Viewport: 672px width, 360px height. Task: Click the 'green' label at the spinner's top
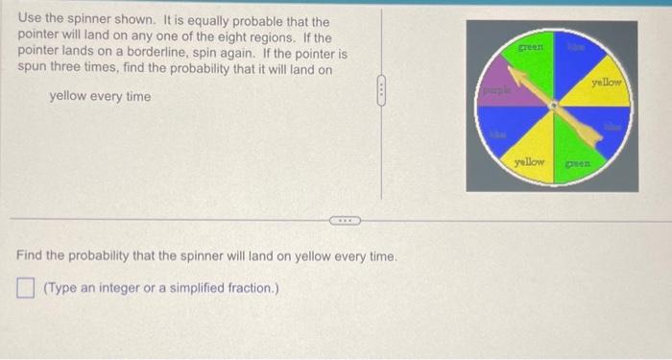click(531, 45)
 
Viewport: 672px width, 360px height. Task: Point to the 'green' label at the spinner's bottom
click(576, 164)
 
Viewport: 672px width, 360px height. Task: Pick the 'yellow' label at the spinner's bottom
click(530, 162)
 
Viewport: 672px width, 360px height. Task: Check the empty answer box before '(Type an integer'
click(26, 285)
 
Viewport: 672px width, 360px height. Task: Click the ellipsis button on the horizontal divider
click(341, 220)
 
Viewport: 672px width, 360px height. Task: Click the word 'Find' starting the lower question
click(31, 256)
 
